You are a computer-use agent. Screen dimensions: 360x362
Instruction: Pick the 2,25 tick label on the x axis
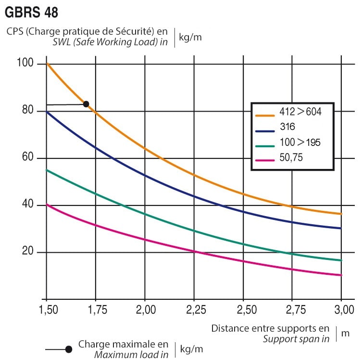click(x=194, y=309)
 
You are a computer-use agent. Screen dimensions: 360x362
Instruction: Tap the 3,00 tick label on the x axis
click(x=341, y=309)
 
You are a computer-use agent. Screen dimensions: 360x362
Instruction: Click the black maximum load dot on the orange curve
click(x=86, y=104)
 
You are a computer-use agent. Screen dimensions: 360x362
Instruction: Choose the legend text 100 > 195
click(x=300, y=142)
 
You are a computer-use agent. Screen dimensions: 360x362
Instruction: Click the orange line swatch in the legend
click(x=265, y=115)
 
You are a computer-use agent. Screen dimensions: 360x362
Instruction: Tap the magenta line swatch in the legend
click(x=265, y=157)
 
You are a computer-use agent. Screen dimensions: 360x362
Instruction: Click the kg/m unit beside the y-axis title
click(x=190, y=38)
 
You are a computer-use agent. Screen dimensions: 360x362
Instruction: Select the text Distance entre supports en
click(x=271, y=329)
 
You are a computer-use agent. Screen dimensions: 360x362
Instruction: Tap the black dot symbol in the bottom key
click(x=69, y=349)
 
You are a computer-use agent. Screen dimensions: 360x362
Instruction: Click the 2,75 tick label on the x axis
click(x=292, y=309)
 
